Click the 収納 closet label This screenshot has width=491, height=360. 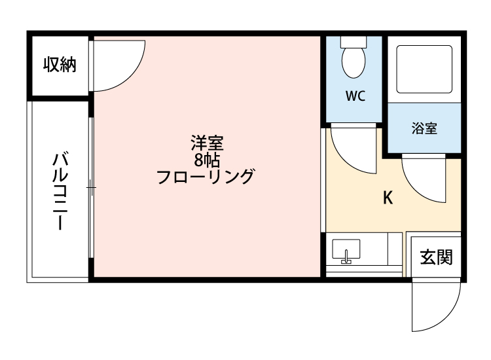(x=60, y=65)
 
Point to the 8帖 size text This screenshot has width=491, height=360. (x=207, y=160)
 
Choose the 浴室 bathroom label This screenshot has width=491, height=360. (x=424, y=128)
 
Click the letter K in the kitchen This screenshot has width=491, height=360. (x=388, y=198)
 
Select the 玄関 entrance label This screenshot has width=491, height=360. (x=435, y=257)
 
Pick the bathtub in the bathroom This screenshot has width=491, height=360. (x=424, y=69)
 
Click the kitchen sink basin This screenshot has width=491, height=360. (x=346, y=249)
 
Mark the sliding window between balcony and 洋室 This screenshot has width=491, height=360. (x=91, y=189)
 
